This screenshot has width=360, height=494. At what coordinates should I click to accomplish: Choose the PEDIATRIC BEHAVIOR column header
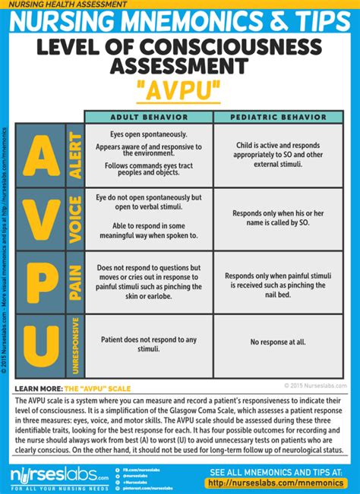[x=278, y=118]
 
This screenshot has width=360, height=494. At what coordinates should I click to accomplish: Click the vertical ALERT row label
[x=74, y=156]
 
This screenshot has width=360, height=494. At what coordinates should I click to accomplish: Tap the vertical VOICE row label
[x=74, y=219]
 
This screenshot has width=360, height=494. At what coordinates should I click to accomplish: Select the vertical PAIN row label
[x=74, y=282]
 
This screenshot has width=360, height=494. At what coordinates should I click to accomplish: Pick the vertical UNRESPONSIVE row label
[x=74, y=345]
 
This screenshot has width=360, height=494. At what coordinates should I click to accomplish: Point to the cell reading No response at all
[x=278, y=341]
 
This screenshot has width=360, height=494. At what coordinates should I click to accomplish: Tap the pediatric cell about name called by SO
[x=278, y=219]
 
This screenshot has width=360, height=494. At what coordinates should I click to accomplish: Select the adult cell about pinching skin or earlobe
[x=149, y=282]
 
